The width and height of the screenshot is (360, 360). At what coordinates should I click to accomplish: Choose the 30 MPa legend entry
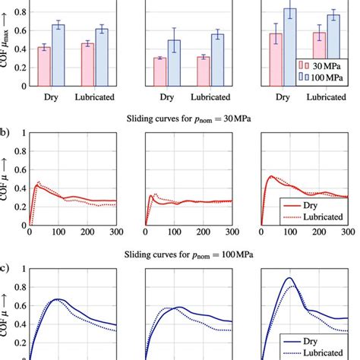tap(322, 66)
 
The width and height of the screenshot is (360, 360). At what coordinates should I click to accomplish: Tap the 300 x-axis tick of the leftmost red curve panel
tap(116, 233)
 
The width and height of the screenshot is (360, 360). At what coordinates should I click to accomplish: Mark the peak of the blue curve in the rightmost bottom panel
tap(289, 278)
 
